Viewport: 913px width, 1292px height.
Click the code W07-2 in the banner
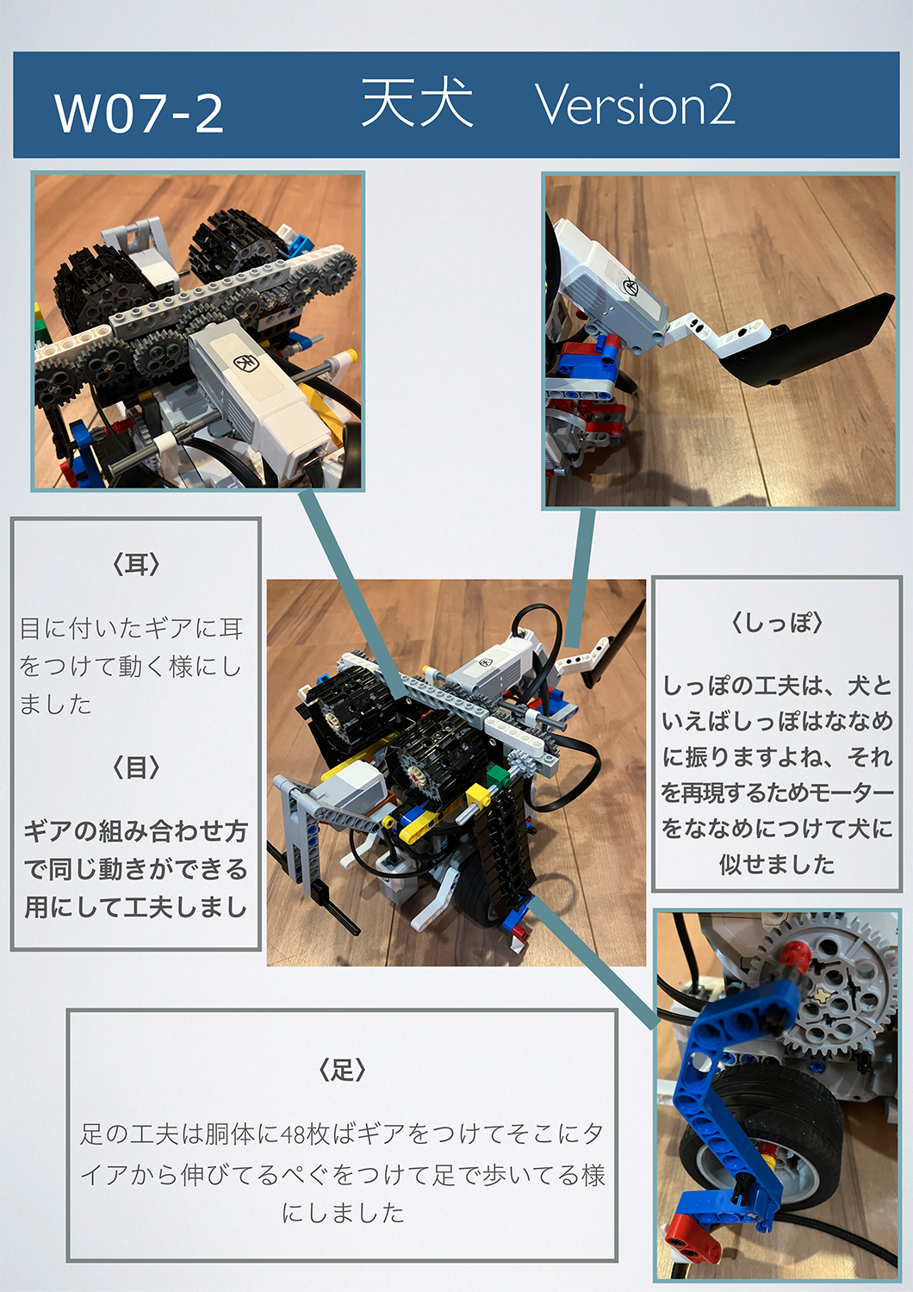pyautogui.click(x=139, y=114)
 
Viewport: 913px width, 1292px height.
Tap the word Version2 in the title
pyautogui.click(x=635, y=104)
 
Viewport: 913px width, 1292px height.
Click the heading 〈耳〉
pyautogui.click(x=135, y=565)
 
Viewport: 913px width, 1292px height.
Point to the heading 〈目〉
pyautogui.click(x=135, y=767)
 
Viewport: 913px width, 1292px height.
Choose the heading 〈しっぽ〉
pyautogui.click(x=777, y=624)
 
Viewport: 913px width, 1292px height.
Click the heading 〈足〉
pyautogui.click(x=342, y=1071)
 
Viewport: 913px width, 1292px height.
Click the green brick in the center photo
pyautogui.click(x=495, y=774)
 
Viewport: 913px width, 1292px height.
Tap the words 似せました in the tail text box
pyautogui.click(x=777, y=865)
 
